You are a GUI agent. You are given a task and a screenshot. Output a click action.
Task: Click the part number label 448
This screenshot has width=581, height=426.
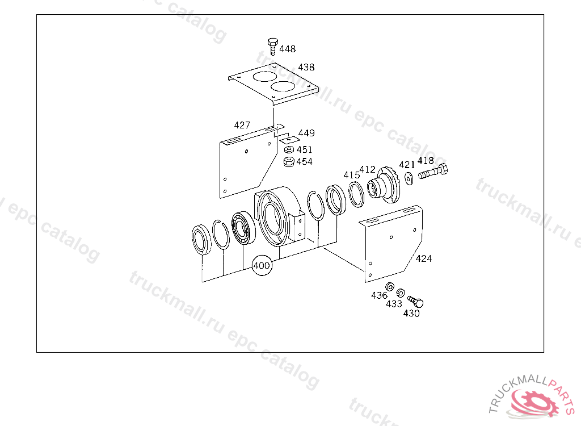click(288, 49)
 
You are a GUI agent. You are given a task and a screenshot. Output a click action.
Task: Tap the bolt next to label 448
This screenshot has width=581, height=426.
click(273, 46)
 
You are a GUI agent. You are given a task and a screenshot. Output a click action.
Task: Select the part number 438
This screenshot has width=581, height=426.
click(306, 67)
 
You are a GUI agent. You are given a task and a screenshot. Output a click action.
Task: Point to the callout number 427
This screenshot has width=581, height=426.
click(242, 125)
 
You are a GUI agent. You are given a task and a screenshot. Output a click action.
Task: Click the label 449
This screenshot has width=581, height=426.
click(306, 133)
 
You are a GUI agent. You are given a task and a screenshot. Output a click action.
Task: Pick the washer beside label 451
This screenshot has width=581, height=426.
click(289, 149)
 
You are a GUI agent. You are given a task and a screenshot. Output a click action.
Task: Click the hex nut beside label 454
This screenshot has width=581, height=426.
click(289, 161)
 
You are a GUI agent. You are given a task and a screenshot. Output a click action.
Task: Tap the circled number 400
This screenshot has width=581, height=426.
click(262, 265)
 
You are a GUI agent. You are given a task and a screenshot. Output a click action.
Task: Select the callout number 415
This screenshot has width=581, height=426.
click(352, 175)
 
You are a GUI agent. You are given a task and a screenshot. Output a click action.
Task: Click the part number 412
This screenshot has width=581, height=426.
click(368, 170)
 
